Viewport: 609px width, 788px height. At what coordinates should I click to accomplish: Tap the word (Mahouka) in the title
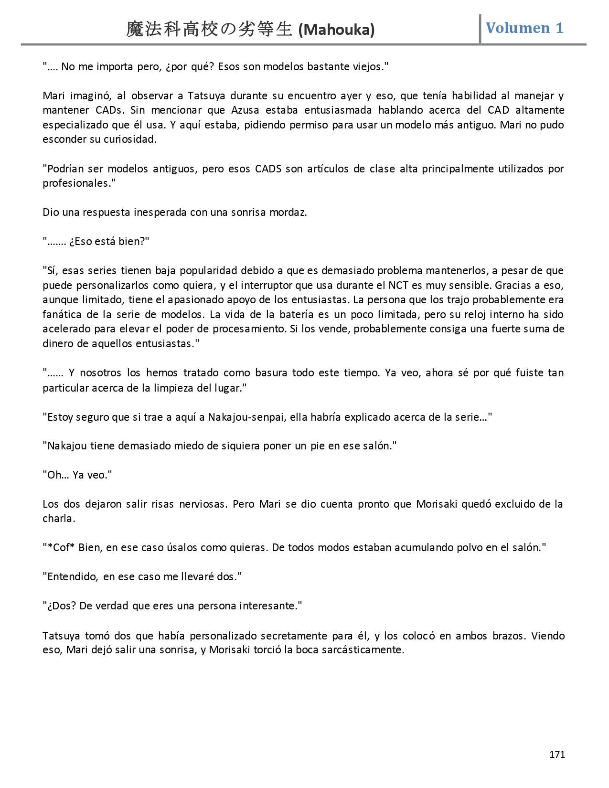click(x=336, y=30)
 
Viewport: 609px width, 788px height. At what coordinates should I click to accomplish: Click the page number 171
click(x=557, y=755)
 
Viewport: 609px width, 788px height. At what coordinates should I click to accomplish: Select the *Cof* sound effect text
click(x=61, y=548)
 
